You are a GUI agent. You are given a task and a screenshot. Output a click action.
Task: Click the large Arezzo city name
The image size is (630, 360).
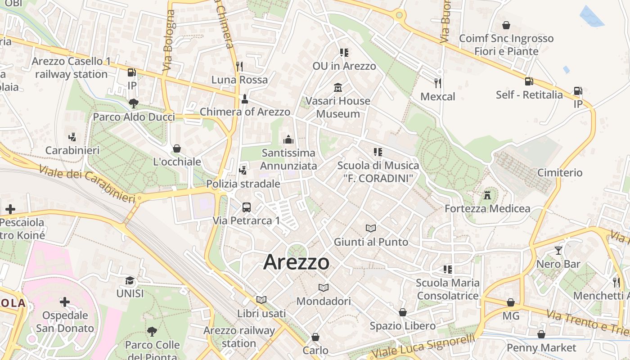coord(296,262)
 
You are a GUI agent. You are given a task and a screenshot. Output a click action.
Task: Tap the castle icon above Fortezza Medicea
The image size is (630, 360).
coord(487,195)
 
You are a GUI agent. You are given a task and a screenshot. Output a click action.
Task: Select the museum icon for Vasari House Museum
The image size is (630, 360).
coord(337,87)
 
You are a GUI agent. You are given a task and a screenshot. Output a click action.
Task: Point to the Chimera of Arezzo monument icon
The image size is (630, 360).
coord(245,99)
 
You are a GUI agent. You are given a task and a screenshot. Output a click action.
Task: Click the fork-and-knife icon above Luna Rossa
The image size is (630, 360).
coord(239,67)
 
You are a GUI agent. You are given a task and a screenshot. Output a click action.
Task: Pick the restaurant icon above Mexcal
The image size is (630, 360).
coord(437,83)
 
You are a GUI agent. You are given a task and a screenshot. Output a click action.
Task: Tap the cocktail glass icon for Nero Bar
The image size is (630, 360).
coord(558,251)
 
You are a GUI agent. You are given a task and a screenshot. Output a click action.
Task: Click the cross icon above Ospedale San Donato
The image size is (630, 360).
coord(65,302)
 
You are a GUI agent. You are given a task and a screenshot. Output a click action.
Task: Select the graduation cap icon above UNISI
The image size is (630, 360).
coord(130,280)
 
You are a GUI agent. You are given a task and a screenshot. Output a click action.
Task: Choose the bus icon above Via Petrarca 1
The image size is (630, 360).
coord(247,207)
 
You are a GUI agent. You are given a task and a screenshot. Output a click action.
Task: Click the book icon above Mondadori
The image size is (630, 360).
coord(323,288)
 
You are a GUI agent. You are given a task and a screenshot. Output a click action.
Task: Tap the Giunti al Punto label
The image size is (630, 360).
coord(371,242)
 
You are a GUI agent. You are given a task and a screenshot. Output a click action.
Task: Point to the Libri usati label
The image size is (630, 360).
coord(261,313)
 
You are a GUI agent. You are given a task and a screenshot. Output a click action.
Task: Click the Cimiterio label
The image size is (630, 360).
coord(560,173)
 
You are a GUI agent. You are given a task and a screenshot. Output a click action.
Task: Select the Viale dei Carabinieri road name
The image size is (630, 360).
coord(86,184)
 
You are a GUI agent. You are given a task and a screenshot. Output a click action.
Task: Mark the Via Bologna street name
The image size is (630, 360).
coord(169,40)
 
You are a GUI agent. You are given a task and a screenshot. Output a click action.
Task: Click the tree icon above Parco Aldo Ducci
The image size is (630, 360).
coord(133,103)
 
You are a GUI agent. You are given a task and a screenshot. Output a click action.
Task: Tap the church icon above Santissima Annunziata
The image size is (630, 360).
coord(288,140)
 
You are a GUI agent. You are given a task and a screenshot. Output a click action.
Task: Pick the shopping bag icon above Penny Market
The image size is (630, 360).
coord(541,334)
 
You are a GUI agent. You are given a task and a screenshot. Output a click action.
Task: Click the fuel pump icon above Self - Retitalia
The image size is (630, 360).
coord(529,81)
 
